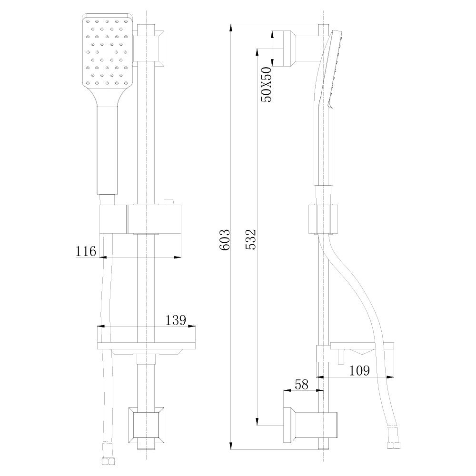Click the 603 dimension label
tap(225, 240)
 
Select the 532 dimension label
tap(251, 240)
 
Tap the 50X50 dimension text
tap(266, 84)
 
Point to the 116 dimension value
tap(86, 251)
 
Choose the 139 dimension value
tap(176, 320)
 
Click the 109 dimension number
tap(359, 370)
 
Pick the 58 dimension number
tap(301, 384)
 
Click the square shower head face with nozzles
tap(107, 50)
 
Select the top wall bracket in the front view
tap(149, 48)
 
